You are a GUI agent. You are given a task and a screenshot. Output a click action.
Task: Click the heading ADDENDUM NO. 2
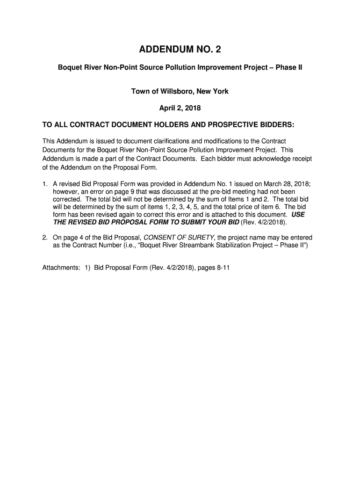point(180,49)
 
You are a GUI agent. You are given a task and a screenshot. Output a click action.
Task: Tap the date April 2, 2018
point(180,109)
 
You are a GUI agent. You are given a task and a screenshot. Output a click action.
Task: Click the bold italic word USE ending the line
point(298,214)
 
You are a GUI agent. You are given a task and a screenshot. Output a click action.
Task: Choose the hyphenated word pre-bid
point(209,191)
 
